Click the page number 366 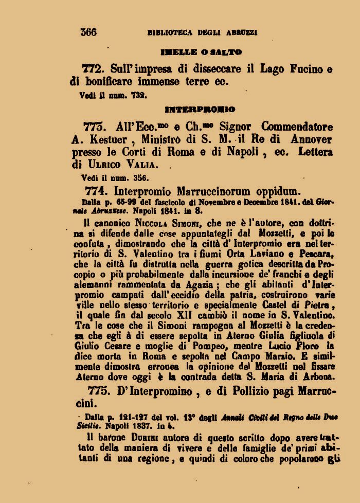88,32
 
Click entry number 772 93,68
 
